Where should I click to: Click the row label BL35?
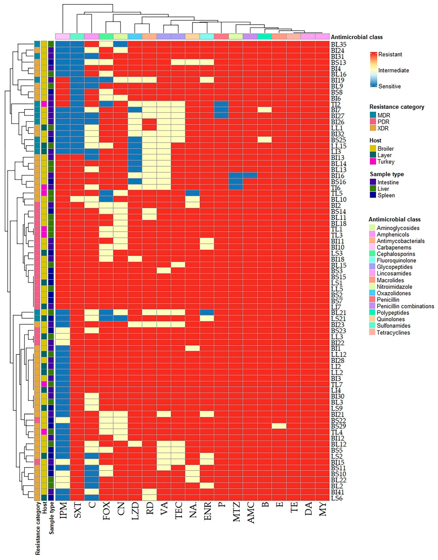338,44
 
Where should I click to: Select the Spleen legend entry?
386,195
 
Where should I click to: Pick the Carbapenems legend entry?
394,247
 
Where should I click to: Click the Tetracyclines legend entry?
393,332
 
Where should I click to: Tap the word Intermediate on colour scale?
394,70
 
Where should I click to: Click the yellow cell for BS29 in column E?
279,426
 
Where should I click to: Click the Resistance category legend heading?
396,107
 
